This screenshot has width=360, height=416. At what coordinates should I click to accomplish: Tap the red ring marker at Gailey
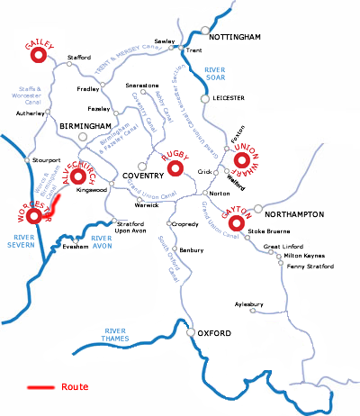coord(39,56)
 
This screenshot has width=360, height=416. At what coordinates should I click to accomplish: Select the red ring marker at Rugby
coord(176,167)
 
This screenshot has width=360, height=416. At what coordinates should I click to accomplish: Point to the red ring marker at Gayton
coord(238,222)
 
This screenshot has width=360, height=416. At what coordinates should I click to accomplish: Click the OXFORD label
coord(215,335)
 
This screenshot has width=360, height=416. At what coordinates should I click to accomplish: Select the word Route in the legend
coord(75,387)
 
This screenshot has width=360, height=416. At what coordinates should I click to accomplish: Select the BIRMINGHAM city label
coord(85,126)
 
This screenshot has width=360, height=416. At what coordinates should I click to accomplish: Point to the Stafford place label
coord(80,58)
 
